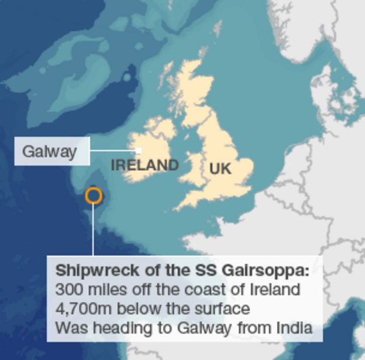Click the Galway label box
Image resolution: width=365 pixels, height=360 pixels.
tap(51, 151)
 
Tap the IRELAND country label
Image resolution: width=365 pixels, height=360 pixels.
tap(144, 166)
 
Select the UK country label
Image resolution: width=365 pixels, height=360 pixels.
tap(220, 169)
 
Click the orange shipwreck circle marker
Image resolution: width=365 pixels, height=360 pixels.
tap(94, 196)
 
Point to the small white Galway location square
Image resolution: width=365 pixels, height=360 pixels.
tap(139, 151)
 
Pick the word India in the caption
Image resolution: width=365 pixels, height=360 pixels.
tap(295, 327)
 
